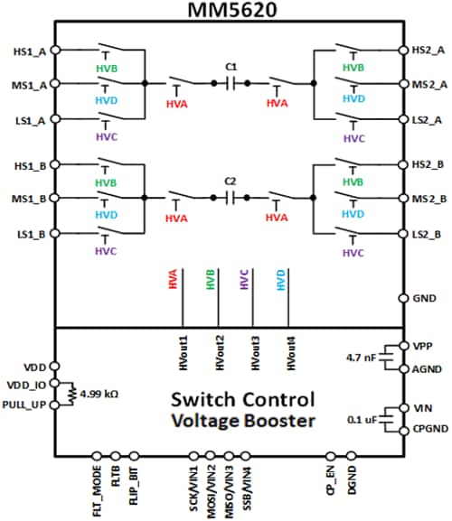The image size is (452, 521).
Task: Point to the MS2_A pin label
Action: click(428, 84)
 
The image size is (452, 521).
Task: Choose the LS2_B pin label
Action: click(428, 235)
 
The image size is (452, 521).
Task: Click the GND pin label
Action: click(424, 298)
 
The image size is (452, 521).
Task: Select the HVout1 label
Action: click(182, 350)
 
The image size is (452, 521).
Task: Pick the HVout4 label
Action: click(289, 350)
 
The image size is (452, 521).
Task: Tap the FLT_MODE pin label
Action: click(97, 490)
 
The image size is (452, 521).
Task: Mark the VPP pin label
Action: click(423, 347)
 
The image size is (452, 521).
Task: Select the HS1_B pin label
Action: click(23, 164)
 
